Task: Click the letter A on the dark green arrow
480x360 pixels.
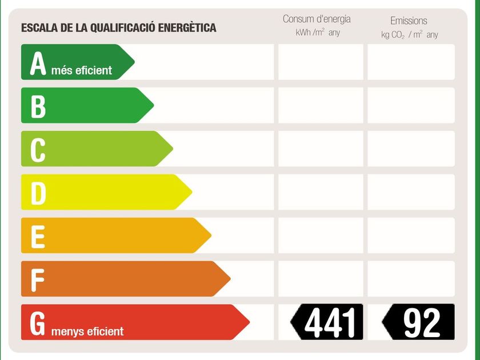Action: point(38,64)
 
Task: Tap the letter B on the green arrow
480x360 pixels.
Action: point(38,107)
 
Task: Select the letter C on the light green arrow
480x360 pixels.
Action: point(38,150)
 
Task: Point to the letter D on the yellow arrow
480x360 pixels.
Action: point(38,193)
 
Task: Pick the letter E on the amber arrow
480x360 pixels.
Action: point(38,237)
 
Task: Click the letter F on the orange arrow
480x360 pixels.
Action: point(38,279)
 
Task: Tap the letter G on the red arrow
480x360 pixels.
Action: point(38,322)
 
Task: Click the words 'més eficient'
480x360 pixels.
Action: point(82,71)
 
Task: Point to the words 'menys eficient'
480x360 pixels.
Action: point(87,331)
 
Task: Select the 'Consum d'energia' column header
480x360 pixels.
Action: point(317,19)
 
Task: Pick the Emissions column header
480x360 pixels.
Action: point(409,21)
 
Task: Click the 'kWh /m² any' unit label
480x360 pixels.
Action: point(318,33)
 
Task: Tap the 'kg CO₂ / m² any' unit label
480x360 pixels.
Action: point(410,34)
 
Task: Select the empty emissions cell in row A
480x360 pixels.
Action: point(411,62)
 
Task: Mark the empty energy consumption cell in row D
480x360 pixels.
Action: point(321,192)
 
